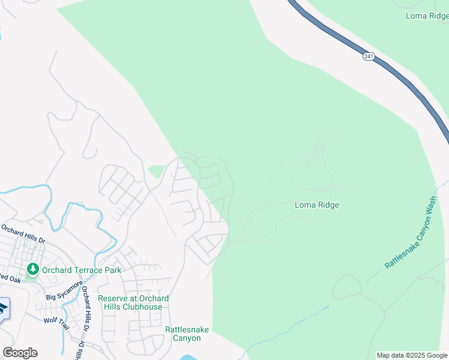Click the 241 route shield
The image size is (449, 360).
(368, 56)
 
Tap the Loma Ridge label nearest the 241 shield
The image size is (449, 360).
(426, 16)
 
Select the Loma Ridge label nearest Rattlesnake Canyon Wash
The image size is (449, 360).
(317, 205)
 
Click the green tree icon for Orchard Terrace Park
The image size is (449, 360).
(32, 269)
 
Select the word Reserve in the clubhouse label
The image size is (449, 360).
(113, 298)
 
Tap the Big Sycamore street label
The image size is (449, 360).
(64, 290)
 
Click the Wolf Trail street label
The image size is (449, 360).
(56, 320)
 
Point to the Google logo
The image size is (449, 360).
(20, 353)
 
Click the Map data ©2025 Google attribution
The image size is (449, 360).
(412, 355)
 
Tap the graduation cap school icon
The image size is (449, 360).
(3, 309)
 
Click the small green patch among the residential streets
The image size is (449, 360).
(155, 172)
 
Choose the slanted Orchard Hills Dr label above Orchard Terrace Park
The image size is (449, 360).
(23, 234)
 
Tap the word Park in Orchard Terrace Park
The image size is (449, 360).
(111, 270)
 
